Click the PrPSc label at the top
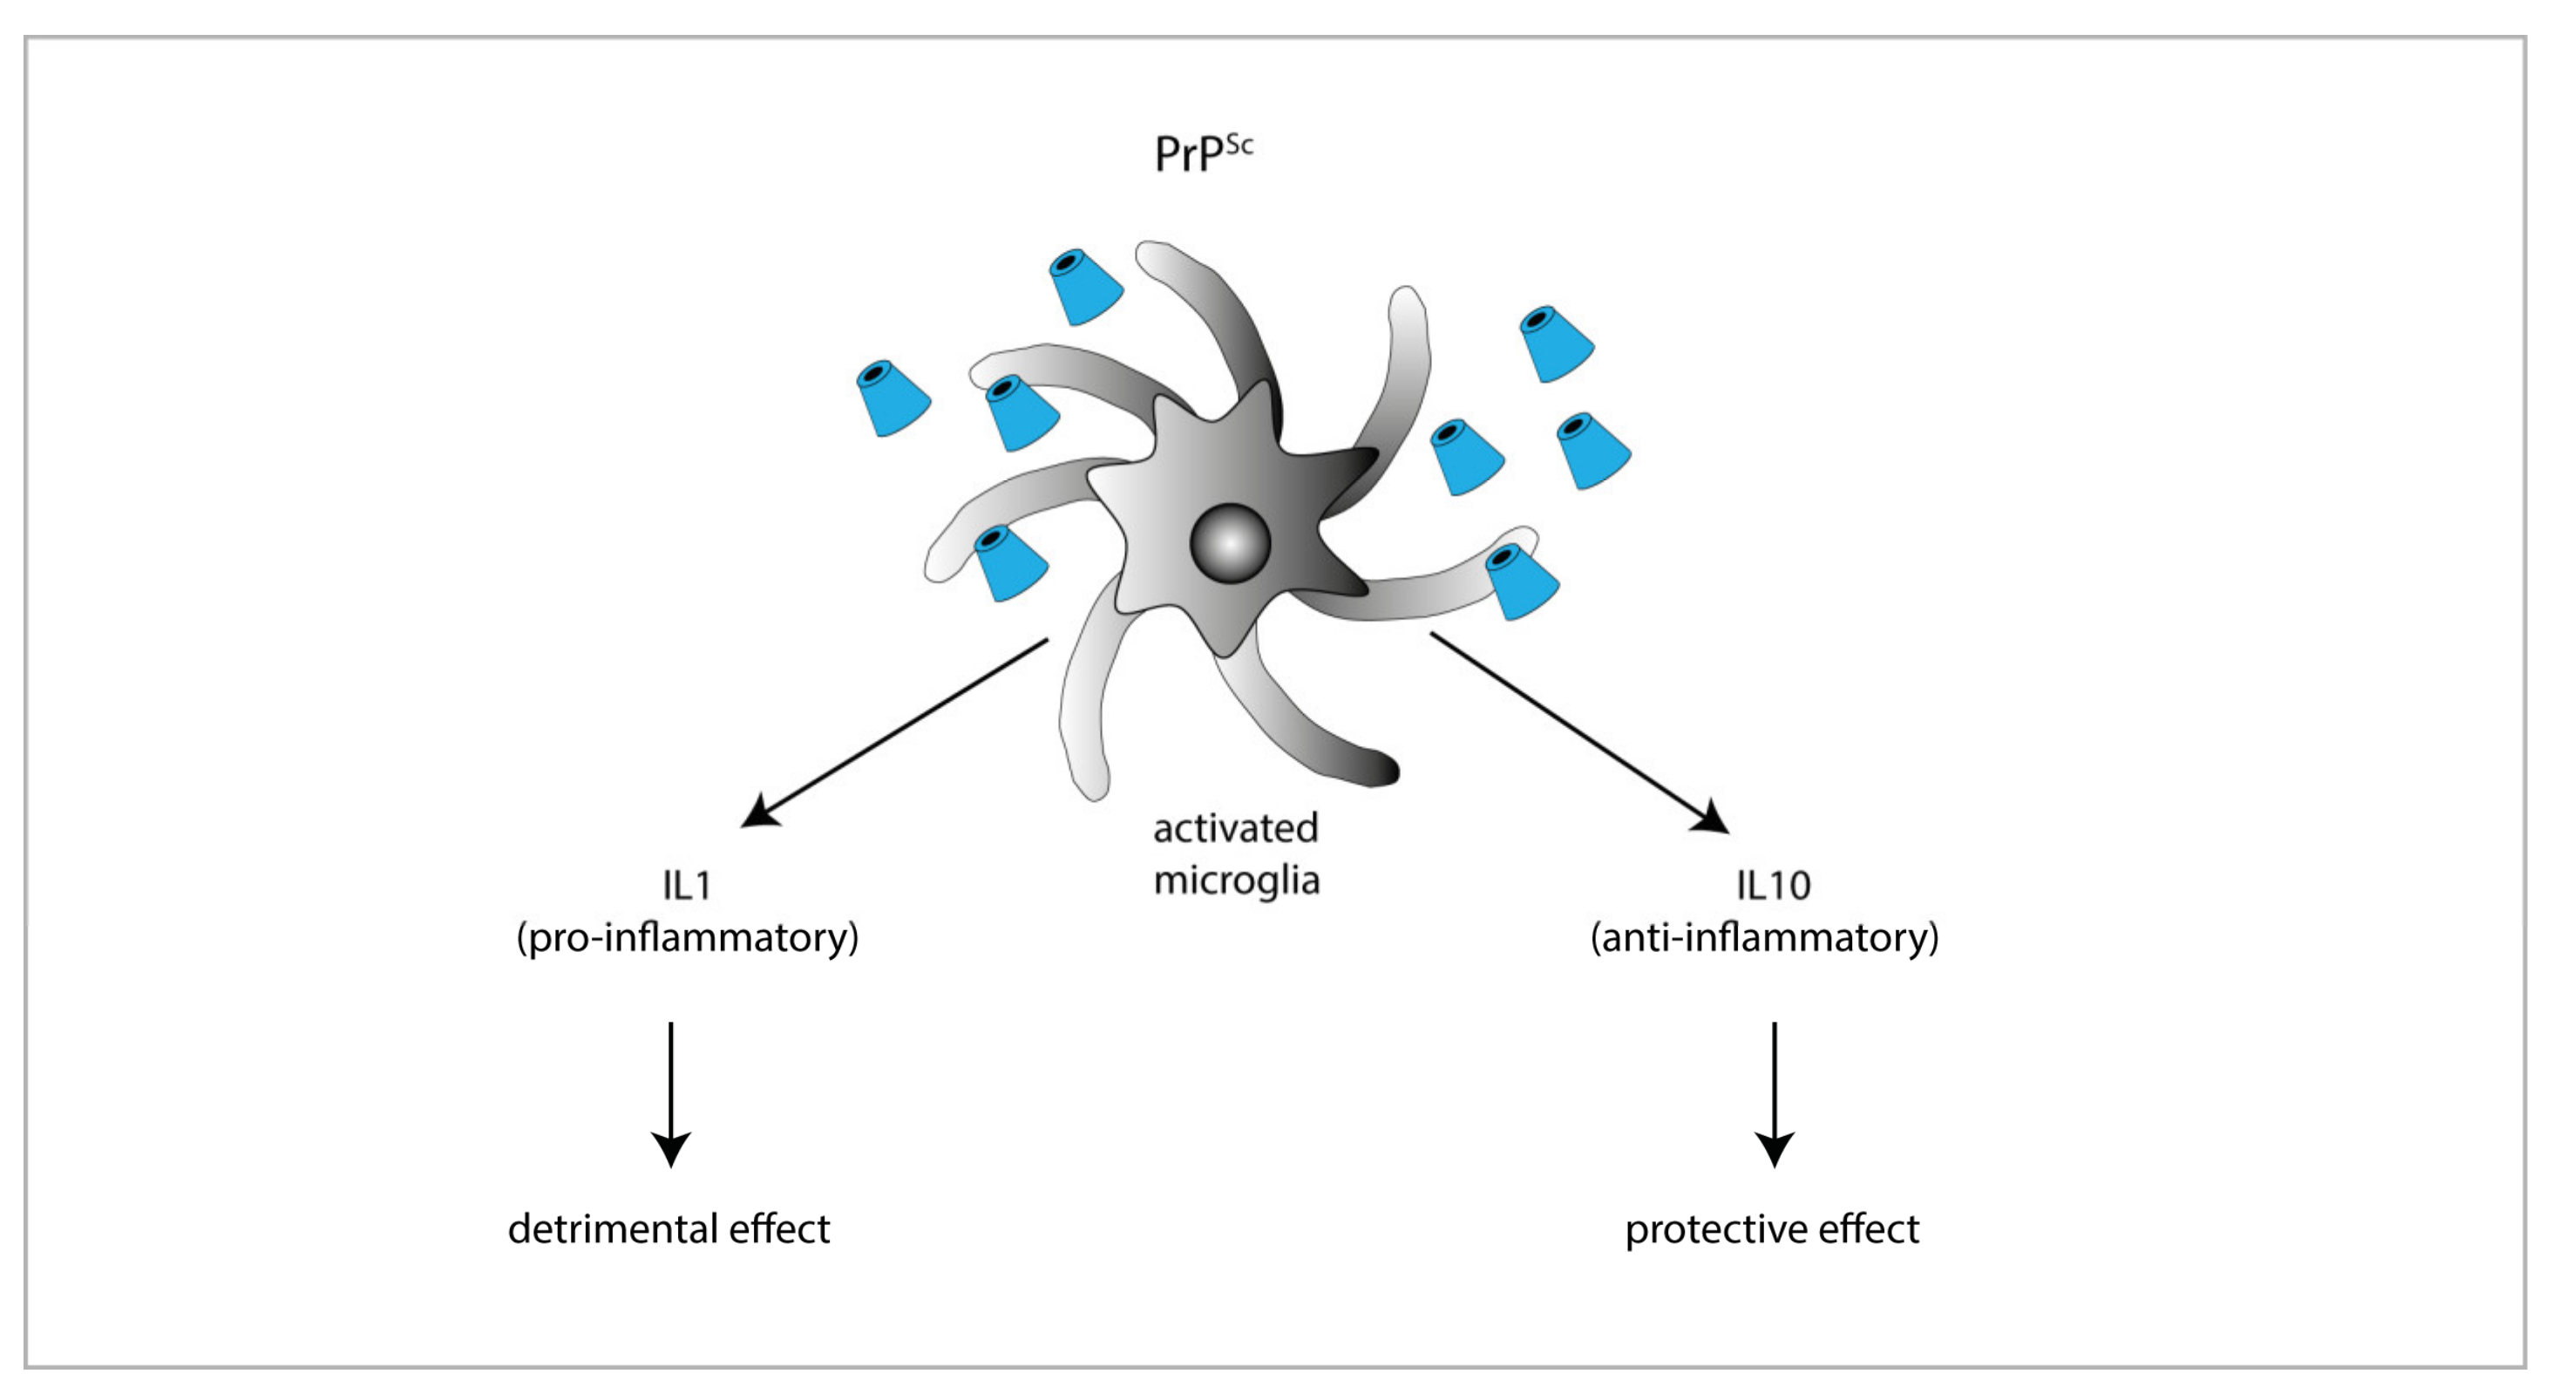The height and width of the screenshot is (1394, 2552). (x=1204, y=153)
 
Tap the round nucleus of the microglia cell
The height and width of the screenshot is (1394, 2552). (x=1230, y=544)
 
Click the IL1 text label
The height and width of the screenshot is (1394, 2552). (x=687, y=885)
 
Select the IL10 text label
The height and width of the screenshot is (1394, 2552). (x=1774, y=885)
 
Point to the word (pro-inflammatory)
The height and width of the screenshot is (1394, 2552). (x=688, y=937)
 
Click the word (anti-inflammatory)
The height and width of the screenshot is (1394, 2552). (x=1764, y=937)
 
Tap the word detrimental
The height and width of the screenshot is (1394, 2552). (x=614, y=1228)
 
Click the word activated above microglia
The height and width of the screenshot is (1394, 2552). (x=1235, y=828)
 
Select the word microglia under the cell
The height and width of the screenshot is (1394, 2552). (x=1237, y=881)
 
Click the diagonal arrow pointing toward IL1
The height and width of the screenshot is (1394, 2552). (x=894, y=732)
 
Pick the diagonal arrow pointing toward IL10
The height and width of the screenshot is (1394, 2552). (x=1580, y=732)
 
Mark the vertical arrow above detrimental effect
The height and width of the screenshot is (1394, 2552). (x=671, y=1095)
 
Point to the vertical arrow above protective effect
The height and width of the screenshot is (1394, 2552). (x=1775, y=1095)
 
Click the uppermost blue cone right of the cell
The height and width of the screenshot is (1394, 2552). (x=1557, y=343)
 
